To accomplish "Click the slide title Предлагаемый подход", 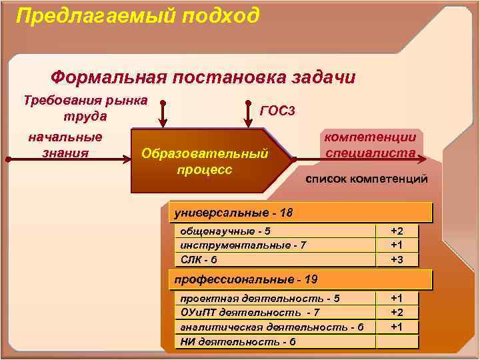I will point(137,15).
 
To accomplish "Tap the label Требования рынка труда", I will point(85,109).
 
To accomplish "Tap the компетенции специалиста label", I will point(371,145).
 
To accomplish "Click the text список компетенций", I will point(366,180).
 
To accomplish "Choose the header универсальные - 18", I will point(233,213).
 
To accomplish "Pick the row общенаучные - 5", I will point(221,231).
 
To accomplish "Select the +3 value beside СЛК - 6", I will point(397,259).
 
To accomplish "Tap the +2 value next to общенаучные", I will point(397,231).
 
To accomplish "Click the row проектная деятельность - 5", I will point(256,298).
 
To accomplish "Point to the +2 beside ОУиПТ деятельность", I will point(397,312).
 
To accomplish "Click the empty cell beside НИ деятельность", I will point(397,341).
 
